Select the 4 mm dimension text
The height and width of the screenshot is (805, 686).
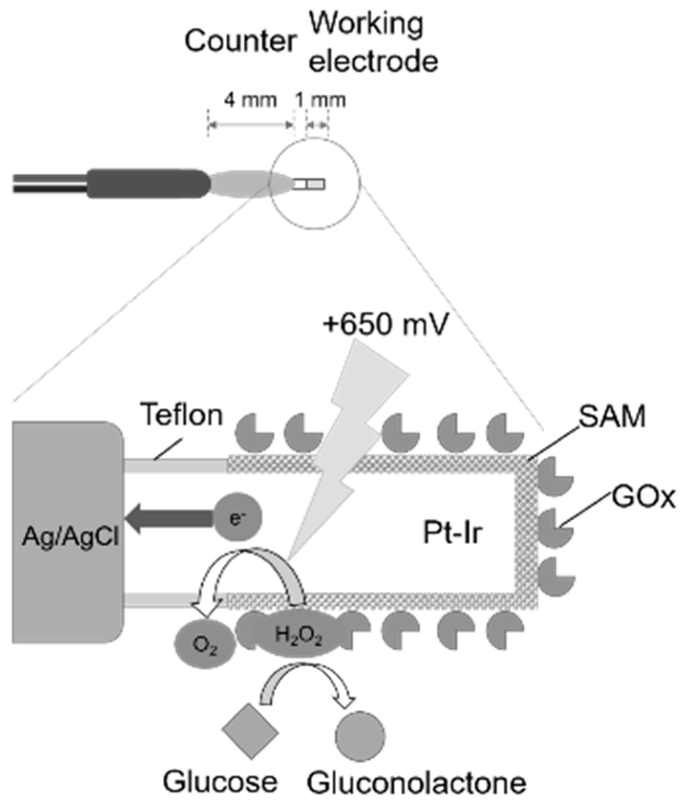tap(251, 100)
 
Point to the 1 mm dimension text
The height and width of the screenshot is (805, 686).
tap(320, 100)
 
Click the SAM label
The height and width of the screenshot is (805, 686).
tap(612, 417)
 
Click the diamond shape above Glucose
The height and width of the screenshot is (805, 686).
tap(250, 731)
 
